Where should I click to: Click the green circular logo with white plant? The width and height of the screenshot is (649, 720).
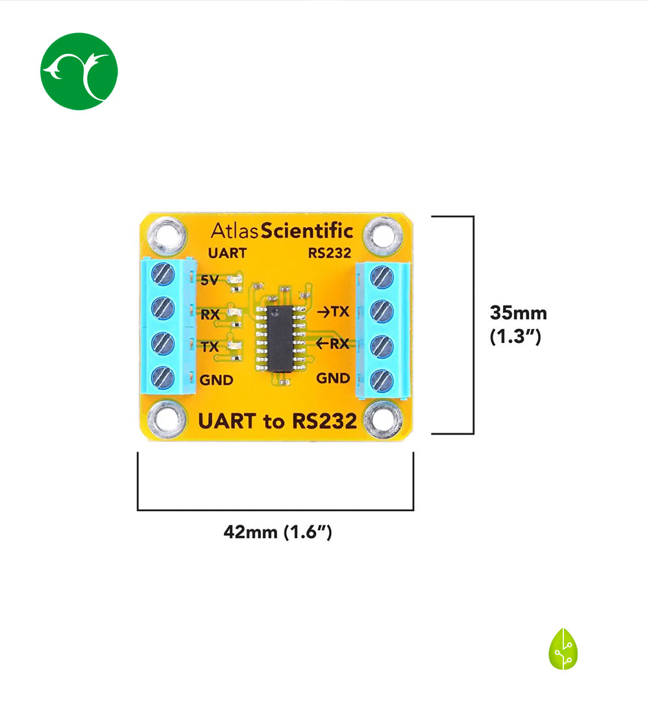(79, 71)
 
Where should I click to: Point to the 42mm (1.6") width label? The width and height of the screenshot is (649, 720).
(278, 533)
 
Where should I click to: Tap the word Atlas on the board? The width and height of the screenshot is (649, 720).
(234, 230)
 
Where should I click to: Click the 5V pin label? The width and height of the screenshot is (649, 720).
(210, 281)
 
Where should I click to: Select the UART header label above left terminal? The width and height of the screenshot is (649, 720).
(227, 253)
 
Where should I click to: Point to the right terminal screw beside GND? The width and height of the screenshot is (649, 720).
(382, 379)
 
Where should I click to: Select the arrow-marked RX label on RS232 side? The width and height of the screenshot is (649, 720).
(333, 344)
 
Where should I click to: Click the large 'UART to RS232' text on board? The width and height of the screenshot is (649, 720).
(276, 422)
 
